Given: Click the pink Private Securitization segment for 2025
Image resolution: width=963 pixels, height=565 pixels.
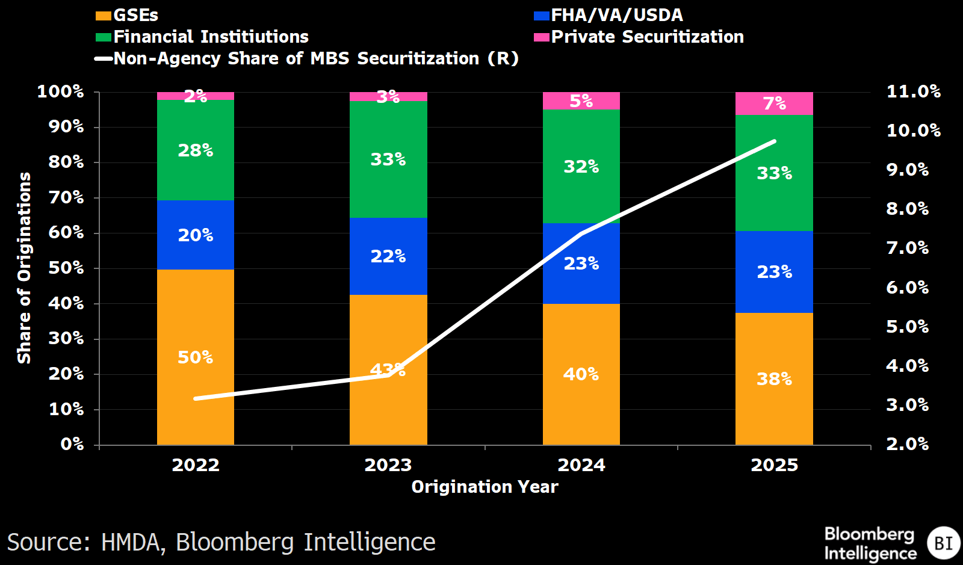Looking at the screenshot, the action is tap(774, 103).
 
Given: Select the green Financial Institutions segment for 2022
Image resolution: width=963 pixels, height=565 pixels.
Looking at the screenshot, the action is tap(196, 150).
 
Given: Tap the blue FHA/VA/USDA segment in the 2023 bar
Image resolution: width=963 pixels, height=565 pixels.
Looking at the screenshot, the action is tap(388, 256).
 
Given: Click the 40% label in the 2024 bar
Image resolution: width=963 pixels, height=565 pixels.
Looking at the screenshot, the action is tap(581, 374).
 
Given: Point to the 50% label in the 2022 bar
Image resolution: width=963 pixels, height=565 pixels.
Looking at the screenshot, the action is tap(196, 357).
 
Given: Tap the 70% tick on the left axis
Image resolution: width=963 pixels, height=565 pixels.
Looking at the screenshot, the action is tap(66, 197).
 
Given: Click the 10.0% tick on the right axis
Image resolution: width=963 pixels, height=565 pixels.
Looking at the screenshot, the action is tap(913, 131).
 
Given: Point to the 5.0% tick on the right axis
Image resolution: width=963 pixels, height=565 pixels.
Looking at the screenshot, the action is tap(907, 327).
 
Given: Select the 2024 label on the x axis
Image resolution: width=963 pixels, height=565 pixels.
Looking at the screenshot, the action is tap(581, 465).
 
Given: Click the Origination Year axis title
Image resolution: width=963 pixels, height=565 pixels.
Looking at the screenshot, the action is tap(485, 487).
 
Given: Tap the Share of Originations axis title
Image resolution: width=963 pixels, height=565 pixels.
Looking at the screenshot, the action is tap(24, 268).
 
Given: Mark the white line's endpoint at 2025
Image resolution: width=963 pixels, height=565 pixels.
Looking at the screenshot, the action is tap(774, 141).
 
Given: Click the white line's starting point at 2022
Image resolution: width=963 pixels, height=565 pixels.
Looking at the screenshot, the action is tap(196, 398).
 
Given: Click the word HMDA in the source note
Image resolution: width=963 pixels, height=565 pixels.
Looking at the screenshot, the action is tap(132, 542).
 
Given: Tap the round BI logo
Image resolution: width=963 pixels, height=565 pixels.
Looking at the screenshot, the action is tap(943, 543).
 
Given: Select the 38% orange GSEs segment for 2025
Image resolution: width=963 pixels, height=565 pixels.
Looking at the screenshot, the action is tap(774, 379).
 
